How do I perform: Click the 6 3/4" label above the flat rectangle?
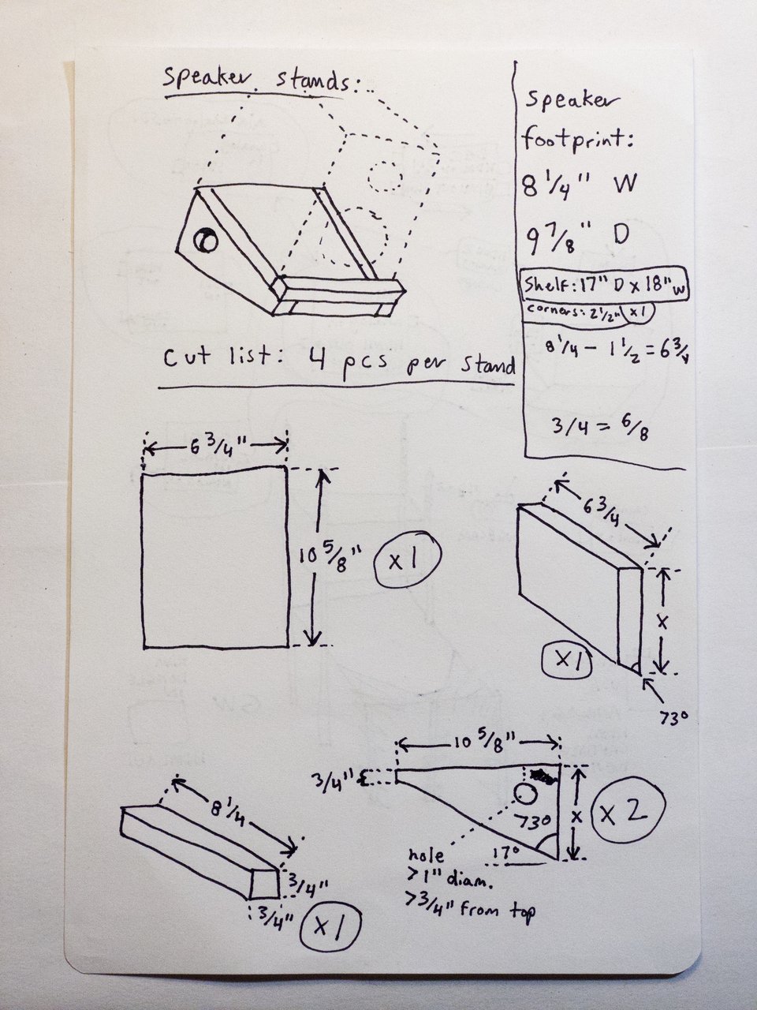pos(214,447)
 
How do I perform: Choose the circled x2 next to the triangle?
pos(631,813)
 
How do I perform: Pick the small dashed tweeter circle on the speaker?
pos(384,175)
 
